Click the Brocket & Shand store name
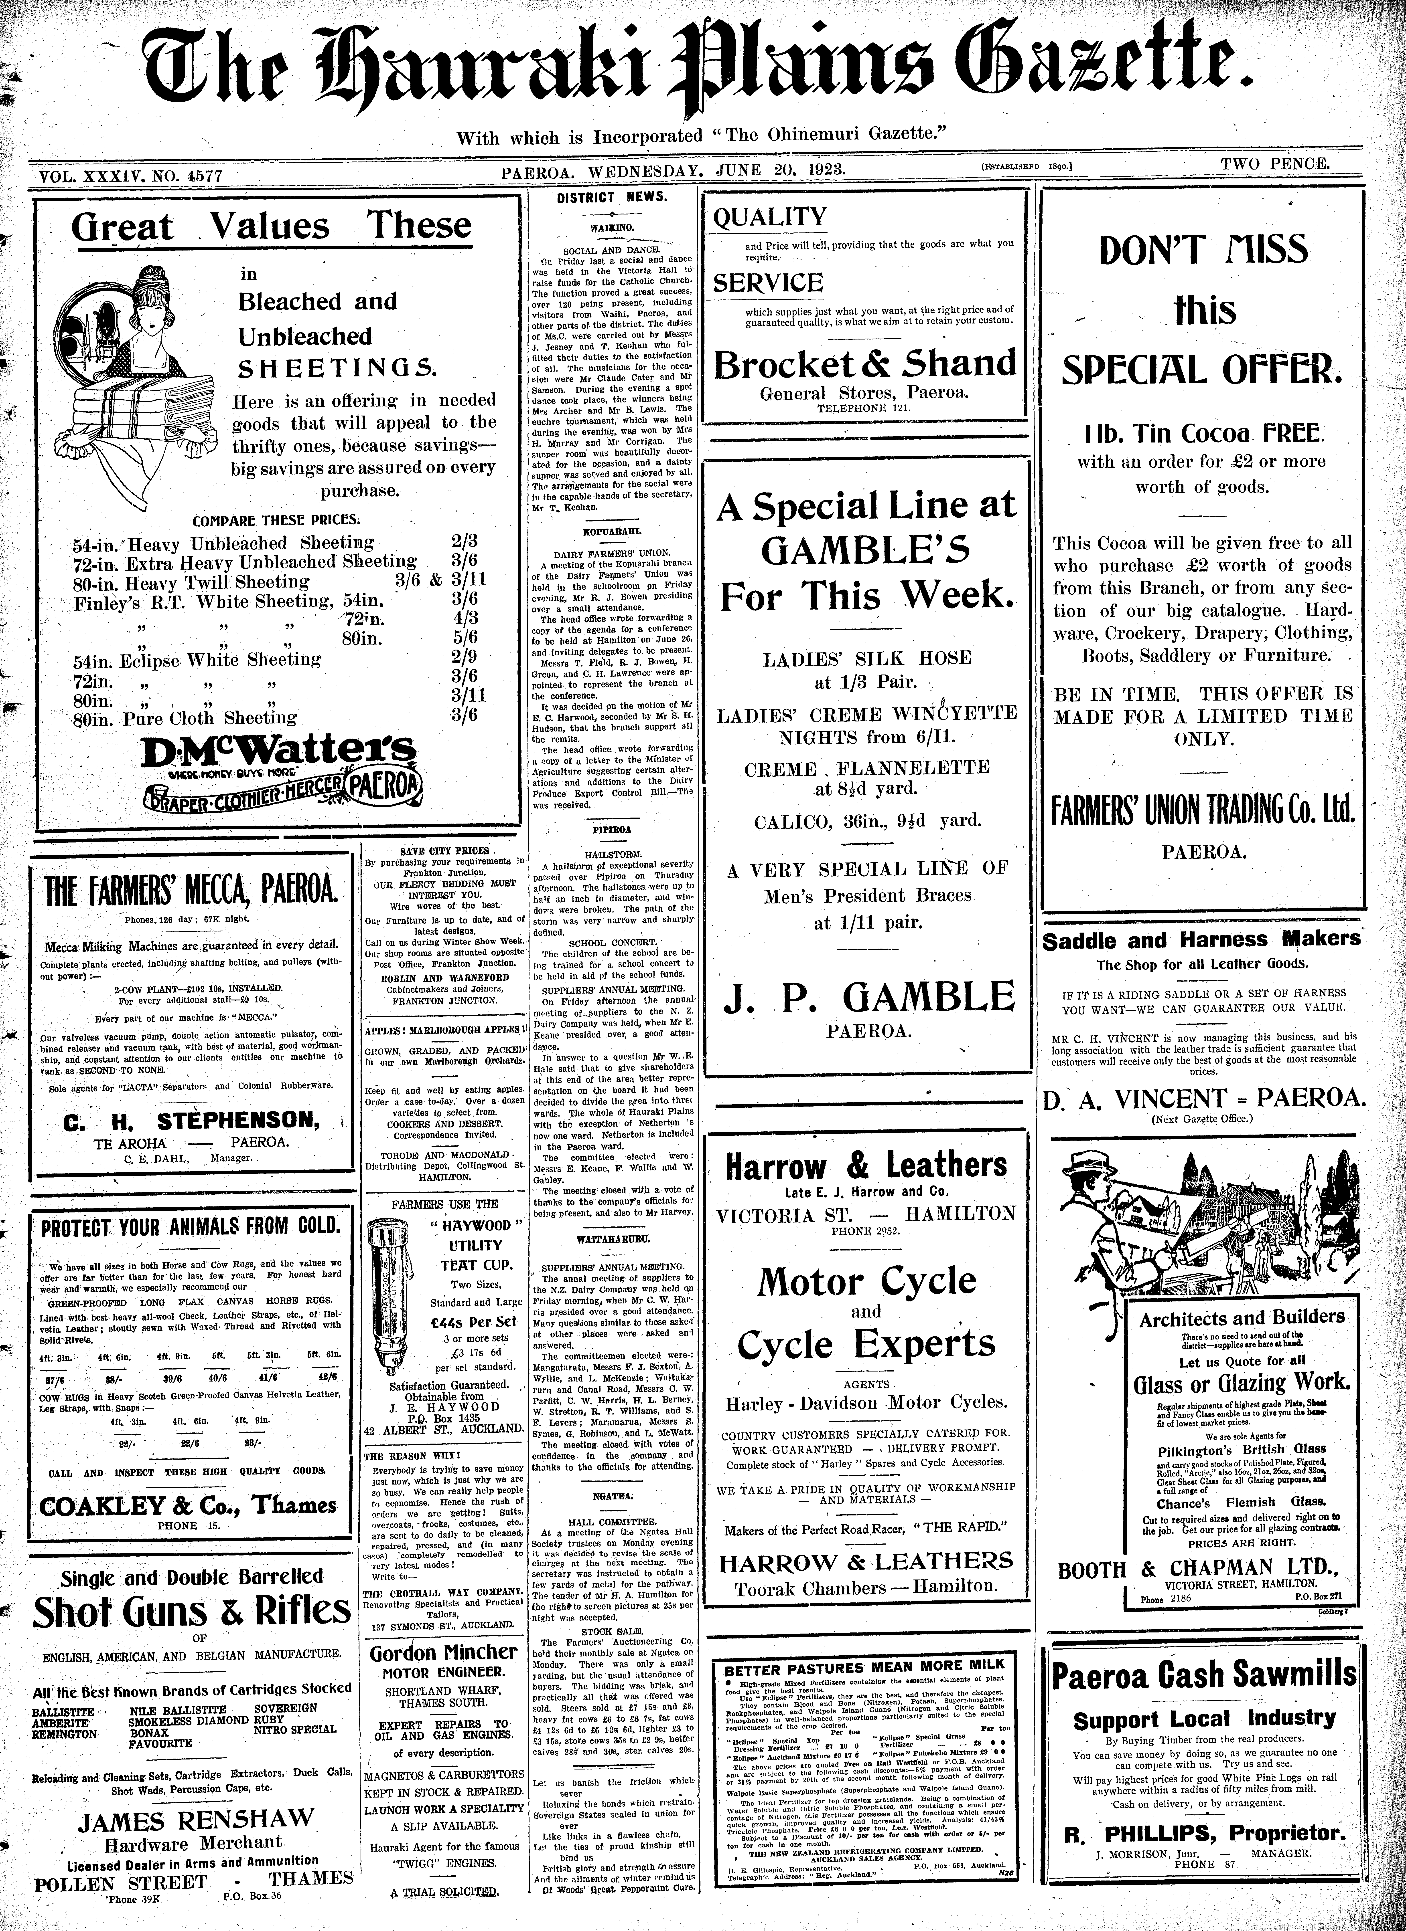[864, 364]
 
